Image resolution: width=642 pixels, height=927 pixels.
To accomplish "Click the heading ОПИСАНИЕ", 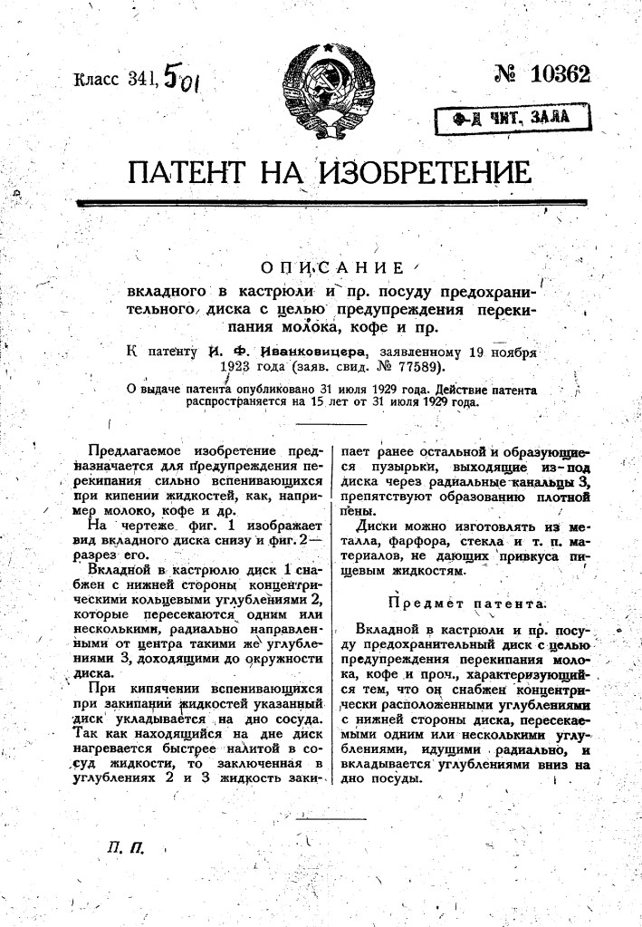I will (331, 268).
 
